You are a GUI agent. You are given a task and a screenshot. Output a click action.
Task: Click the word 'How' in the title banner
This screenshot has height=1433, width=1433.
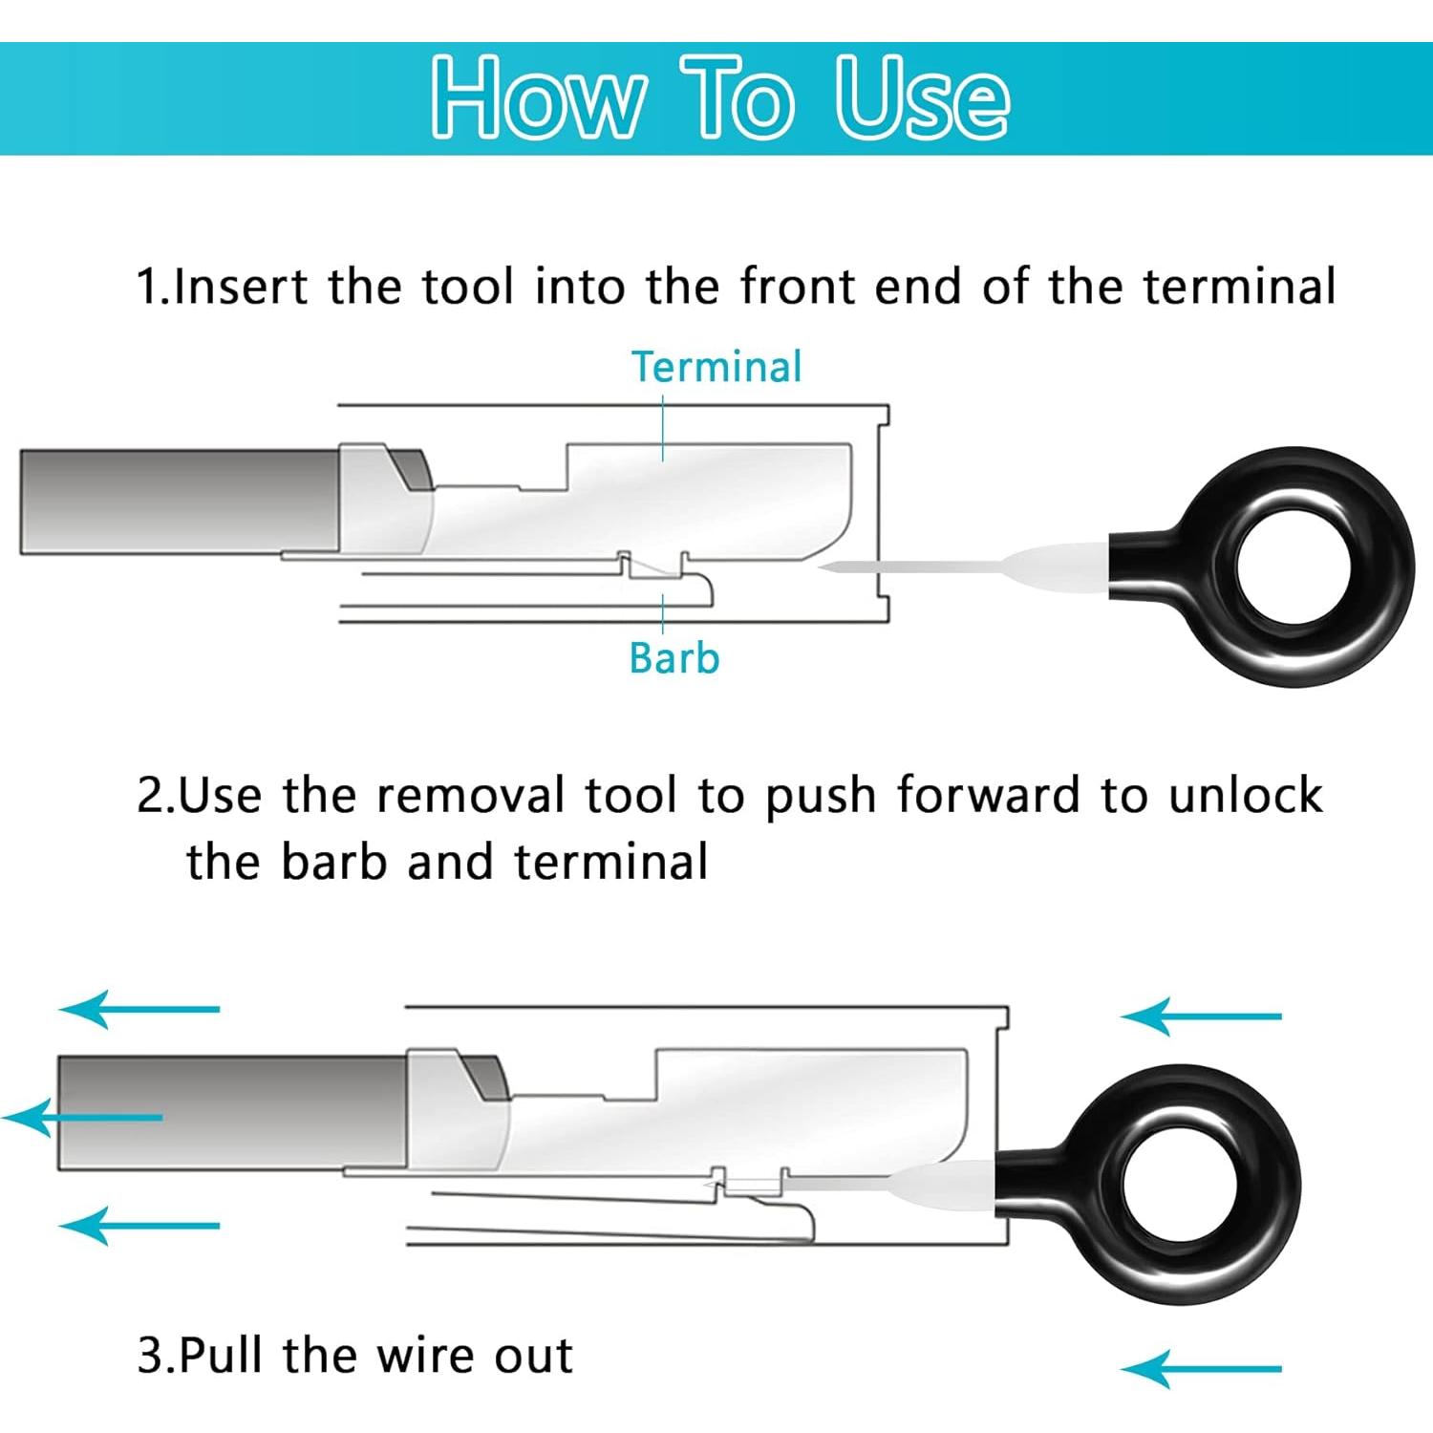[x=537, y=98]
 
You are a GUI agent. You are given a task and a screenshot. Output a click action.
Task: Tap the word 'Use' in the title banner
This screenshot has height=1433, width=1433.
[x=922, y=96]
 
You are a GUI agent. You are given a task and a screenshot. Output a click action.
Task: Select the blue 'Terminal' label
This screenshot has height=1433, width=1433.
[x=716, y=367]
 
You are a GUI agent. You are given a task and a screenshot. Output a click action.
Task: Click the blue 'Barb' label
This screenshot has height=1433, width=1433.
[x=674, y=658]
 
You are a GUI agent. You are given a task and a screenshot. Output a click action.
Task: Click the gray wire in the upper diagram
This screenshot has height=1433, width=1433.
[x=180, y=502]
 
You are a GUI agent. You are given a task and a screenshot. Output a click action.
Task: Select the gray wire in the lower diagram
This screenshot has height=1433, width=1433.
[x=233, y=1112]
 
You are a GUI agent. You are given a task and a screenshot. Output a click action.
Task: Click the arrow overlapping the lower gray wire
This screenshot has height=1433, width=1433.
[x=83, y=1117]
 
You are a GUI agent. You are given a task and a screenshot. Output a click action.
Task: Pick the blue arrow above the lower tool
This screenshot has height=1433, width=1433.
[x=1201, y=1016]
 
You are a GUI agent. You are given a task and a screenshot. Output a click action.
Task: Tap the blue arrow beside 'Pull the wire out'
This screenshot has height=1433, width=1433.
[x=1201, y=1369]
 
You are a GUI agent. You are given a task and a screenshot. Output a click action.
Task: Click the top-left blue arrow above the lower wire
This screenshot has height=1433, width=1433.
[x=139, y=1009]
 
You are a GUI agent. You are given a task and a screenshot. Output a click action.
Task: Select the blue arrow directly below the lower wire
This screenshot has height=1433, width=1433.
[x=139, y=1225]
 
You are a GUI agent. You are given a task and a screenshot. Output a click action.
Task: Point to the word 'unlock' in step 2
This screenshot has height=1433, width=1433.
[x=1246, y=795]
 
